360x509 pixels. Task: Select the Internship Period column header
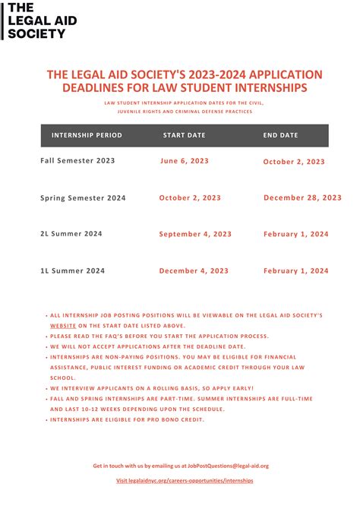tap(87, 135)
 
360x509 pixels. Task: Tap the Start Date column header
tap(184, 135)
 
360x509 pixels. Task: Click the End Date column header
tap(280, 135)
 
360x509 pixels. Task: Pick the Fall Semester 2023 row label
tap(77, 161)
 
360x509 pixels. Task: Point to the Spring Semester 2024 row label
tap(83, 198)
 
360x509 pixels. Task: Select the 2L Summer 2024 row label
tap(71, 234)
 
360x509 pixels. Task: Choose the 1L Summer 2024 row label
tap(72, 270)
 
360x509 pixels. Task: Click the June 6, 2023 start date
tap(185, 161)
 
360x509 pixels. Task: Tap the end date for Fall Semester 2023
tap(294, 162)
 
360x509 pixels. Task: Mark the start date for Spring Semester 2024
tap(190, 198)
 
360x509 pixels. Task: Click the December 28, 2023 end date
tap(302, 198)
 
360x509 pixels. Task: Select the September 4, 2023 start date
tap(193, 234)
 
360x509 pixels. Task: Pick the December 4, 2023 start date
tap(193, 270)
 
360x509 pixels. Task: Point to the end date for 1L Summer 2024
tap(295, 270)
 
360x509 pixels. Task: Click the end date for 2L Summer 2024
tap(295, 234)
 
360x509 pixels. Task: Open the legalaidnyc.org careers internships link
tap(185, 481)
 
